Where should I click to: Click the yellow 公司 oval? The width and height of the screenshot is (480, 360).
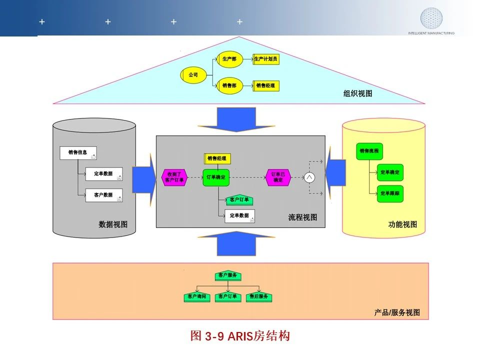pyautogui.click(x=193, y=75)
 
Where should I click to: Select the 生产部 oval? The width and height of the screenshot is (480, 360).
pyautogui.click(x=229, y=59)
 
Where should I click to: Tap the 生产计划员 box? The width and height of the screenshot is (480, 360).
pyautogui.click(x=265, y=59)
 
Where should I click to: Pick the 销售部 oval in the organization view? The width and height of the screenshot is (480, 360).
pyautogui.click(x=229, y=85)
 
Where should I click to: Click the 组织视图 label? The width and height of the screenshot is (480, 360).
pyautogui.click(x=357, y=93)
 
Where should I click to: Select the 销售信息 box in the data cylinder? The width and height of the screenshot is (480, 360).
pyautogui.click(x=78, y=153)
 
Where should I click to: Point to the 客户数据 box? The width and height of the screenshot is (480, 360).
pyautogui.click(x=103, y=195)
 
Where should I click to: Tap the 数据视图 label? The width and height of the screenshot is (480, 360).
pyautogui.click(x=113, y=224)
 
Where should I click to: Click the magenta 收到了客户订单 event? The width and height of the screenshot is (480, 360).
pyautogui.click(x=174, y=177)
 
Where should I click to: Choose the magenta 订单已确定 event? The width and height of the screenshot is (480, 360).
pyautogui.click(x=277, y=177)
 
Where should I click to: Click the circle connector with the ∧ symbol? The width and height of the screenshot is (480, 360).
pyautogui.click(x=309, y=177)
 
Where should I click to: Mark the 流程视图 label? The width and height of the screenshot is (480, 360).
pyautogui.click(x=302, y=217)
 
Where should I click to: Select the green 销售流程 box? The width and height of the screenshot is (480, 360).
pyautogui.click(x=369, y=151)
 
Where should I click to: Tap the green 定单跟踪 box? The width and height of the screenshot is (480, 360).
pyautogui.click(x=390, y=193)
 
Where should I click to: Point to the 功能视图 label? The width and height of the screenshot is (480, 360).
pyautogui.click(x=402, y=224)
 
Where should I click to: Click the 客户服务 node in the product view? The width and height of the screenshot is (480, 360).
pyautogui.click(x=228, y=275)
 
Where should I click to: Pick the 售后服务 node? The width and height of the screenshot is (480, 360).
pyautogui.click(x=259, y=297)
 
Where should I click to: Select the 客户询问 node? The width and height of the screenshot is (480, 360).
pyautogui.click(x=197, y=297)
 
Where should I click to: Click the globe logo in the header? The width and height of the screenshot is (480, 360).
pyautogui.click(x=431, y=18)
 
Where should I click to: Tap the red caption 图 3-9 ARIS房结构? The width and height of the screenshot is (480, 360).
pyautogui.click(x=240, y=336)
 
